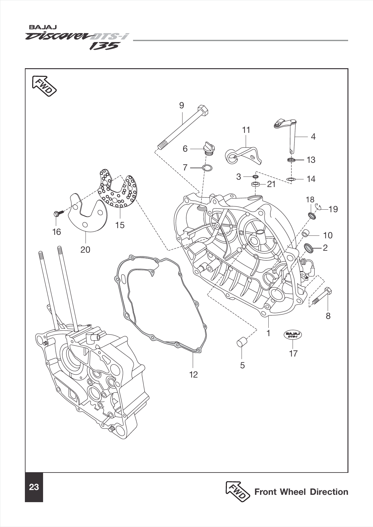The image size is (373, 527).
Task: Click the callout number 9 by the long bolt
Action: (x=182, y=105)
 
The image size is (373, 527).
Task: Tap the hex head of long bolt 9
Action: (x=203, y=110)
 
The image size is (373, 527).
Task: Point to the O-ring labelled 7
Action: (x=207, y=168)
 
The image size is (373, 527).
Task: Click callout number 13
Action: (x=311, y=160)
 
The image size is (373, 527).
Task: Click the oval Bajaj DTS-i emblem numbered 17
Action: (x=293, y=335)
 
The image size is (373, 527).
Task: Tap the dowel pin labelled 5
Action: (x=241, y=343)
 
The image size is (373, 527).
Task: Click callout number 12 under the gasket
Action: (x=193, y=374)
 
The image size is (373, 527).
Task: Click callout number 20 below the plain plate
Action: (x=85, y=249)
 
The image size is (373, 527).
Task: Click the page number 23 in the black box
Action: (x=34, y=487)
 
